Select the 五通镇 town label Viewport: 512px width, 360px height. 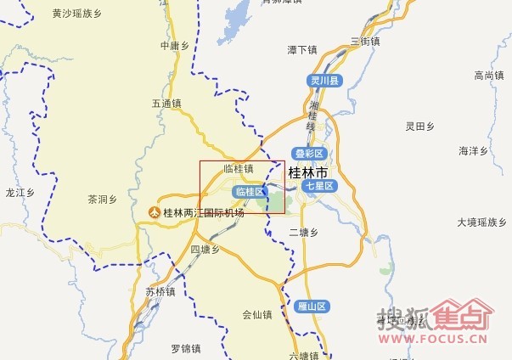167,104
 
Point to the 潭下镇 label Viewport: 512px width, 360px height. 302,50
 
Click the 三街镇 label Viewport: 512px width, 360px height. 364,41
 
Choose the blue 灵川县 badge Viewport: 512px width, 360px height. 324,82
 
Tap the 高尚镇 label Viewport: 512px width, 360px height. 490,76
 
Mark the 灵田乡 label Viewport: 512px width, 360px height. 419,127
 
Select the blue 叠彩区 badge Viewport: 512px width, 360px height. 310,154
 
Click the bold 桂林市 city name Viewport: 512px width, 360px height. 307,173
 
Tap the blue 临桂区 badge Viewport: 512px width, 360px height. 250,192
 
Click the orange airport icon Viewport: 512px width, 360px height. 154,212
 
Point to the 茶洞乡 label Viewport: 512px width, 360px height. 102,200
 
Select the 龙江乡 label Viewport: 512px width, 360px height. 19,193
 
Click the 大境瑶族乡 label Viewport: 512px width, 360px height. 481,222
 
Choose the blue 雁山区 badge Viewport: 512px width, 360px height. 312,306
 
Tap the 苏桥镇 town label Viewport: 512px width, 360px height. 160,292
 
